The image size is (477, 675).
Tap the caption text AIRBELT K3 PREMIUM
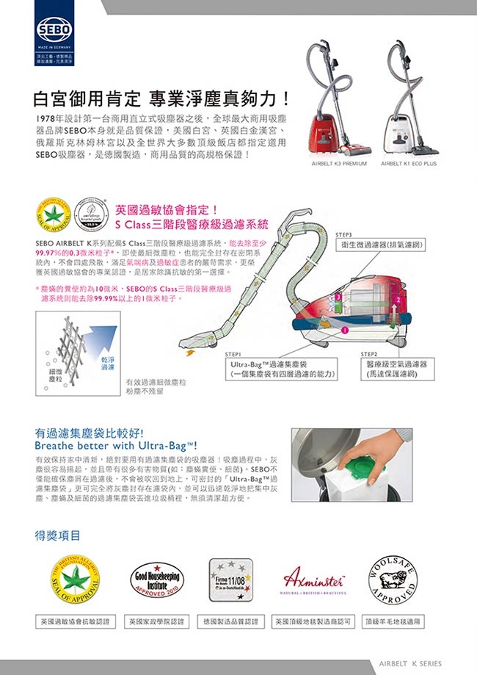(x=339, y=164)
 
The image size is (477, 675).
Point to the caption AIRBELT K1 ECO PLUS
(x=409, y=164)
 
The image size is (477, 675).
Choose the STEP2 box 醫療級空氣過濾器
(x=401, y=369)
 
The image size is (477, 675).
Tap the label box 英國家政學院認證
(x=156, y=621)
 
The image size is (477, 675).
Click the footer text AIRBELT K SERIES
(x=410, y=663)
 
